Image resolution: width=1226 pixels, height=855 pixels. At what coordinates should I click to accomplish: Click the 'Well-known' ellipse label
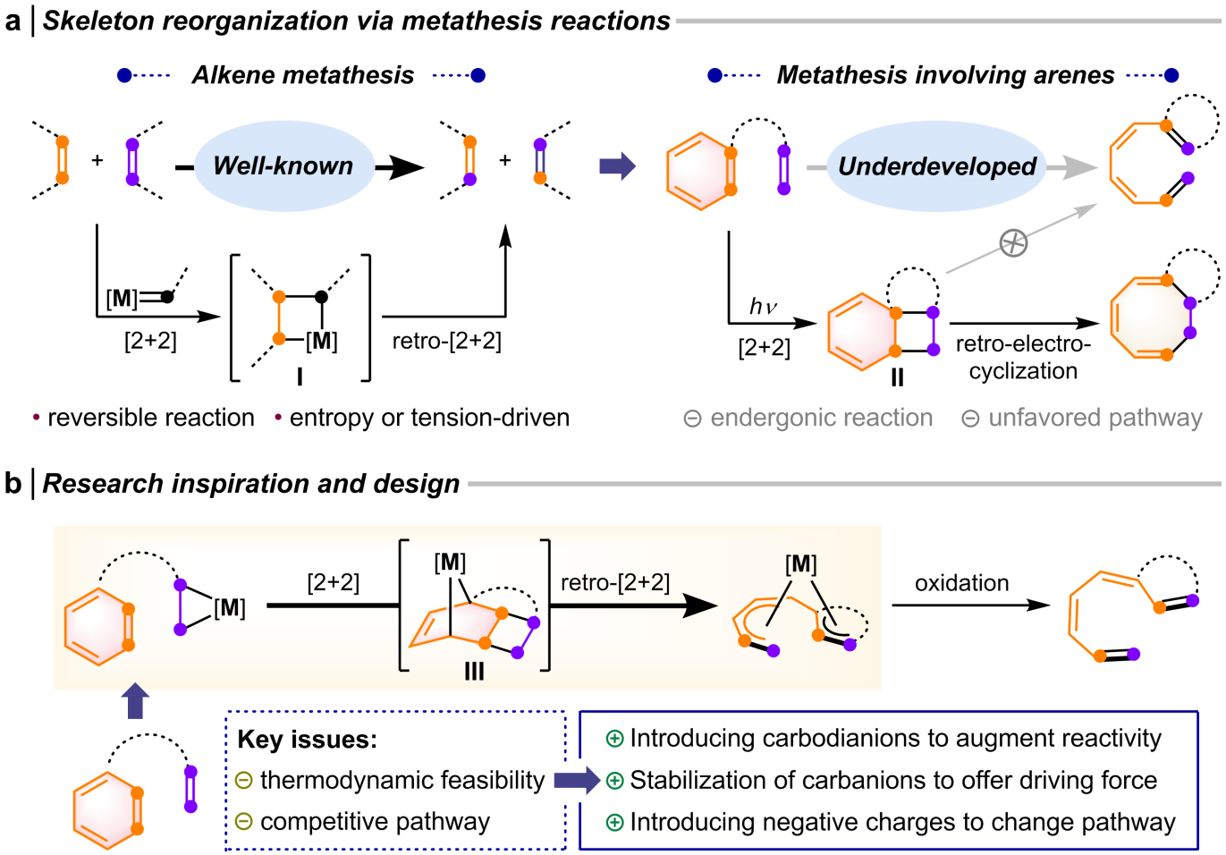[x=283, y=165]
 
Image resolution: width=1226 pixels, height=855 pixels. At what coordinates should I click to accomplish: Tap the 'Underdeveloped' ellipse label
[x=936, y=166]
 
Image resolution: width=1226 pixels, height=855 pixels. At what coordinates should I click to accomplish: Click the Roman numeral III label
[x=474, y=671]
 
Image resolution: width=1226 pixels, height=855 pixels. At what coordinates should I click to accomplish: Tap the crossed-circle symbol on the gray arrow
[x=1013, y=242]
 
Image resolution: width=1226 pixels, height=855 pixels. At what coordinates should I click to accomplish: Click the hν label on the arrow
[x=763, y=307]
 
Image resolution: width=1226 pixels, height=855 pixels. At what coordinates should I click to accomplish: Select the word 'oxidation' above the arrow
[x=961, y=583]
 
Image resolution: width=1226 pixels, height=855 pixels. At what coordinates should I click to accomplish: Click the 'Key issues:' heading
[x=307, y=740]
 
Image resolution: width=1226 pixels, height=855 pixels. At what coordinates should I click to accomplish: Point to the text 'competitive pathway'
[x=375, y=821]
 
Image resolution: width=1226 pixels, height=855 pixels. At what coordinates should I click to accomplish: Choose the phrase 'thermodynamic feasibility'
[x=402, y=780]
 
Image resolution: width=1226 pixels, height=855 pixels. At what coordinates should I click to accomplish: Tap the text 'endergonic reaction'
[x=821, y=418]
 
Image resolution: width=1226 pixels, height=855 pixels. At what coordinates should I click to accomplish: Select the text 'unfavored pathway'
[x=1095, y=418]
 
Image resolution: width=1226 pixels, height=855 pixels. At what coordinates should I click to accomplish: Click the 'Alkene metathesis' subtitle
[x=302, y=75]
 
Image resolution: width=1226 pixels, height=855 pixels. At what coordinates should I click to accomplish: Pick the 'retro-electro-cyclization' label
[x=1023, y=357]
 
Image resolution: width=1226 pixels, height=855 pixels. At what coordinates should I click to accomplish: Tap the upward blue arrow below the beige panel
[x=135, y=700]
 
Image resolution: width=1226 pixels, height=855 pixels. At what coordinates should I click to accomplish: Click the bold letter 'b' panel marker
[x=13, y=483]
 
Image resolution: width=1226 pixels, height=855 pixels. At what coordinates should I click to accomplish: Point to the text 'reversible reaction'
[x=150, y=418]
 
